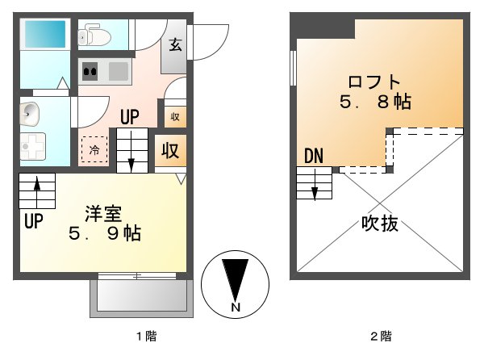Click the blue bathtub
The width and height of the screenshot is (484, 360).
(44, 34)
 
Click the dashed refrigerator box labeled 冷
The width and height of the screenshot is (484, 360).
(94, 149)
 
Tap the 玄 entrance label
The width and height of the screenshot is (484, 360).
(176, 44)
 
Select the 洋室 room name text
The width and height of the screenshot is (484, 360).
(103, 214)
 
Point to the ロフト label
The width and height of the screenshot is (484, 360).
(374, 82)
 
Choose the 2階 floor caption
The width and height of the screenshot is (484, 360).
(380, 335)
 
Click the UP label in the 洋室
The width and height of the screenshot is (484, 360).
(33, 221)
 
